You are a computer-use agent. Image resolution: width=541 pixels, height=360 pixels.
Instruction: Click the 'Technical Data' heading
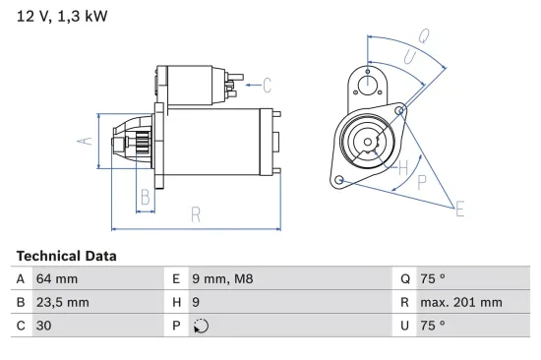coord(66,256)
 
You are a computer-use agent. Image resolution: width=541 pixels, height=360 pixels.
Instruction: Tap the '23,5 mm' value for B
coord(62,303)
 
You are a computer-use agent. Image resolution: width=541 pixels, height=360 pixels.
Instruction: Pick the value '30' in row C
coord(44,326)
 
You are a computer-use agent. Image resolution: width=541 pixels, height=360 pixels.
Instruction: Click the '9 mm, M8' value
coord(222,279)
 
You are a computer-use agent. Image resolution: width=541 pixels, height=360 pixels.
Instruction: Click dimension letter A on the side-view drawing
coord(86,141)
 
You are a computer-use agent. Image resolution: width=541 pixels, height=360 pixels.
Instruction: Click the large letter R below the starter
coord(196,213)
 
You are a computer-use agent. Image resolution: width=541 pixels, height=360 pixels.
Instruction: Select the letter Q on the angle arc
coord(422,36)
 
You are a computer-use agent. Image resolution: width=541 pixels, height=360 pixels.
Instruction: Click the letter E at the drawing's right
coord(458,207)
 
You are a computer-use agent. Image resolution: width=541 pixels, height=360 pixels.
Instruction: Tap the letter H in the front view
coord(402,167)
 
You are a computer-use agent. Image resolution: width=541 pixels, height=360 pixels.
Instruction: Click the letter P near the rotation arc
coord(422,182)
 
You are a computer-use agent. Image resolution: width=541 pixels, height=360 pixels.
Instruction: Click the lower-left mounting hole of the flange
coord(339,180)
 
